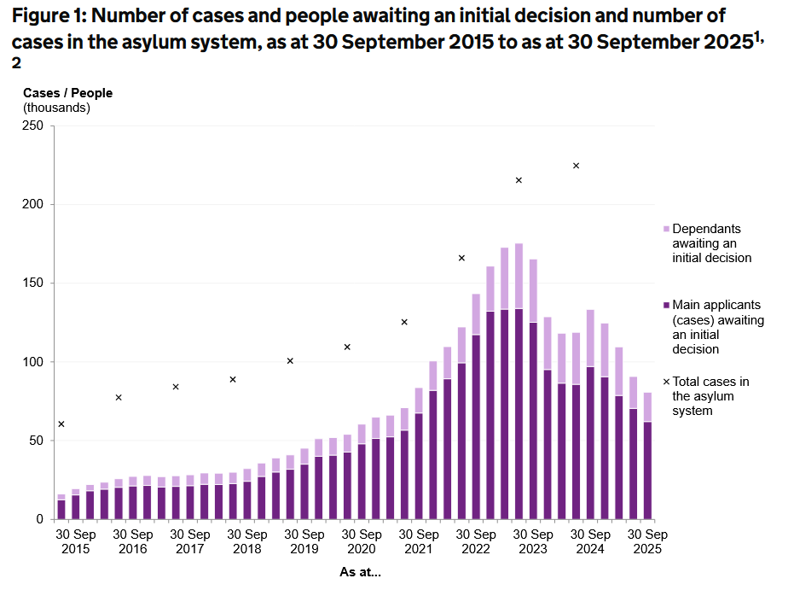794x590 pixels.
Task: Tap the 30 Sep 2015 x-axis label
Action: point(75,541)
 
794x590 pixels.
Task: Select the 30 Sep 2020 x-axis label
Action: point(361,541)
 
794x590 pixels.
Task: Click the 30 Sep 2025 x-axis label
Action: point(646,541)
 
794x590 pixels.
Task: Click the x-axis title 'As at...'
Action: point(359,573)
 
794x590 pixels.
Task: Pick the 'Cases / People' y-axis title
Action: point(67,93)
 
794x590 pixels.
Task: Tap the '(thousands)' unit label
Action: point(56,108)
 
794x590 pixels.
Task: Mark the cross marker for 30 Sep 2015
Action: point(61,424)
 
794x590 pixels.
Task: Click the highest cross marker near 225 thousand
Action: point(576,166)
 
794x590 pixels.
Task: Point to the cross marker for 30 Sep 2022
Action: point(461,258)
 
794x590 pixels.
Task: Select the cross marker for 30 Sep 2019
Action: point(290,361)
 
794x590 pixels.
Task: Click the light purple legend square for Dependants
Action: point(666,230)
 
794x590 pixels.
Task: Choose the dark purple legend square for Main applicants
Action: point(666,305)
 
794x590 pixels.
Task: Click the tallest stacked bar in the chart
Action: point(519,384)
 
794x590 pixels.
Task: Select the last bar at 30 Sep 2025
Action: point(647,457)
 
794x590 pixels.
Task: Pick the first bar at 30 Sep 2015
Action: point(61,507)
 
